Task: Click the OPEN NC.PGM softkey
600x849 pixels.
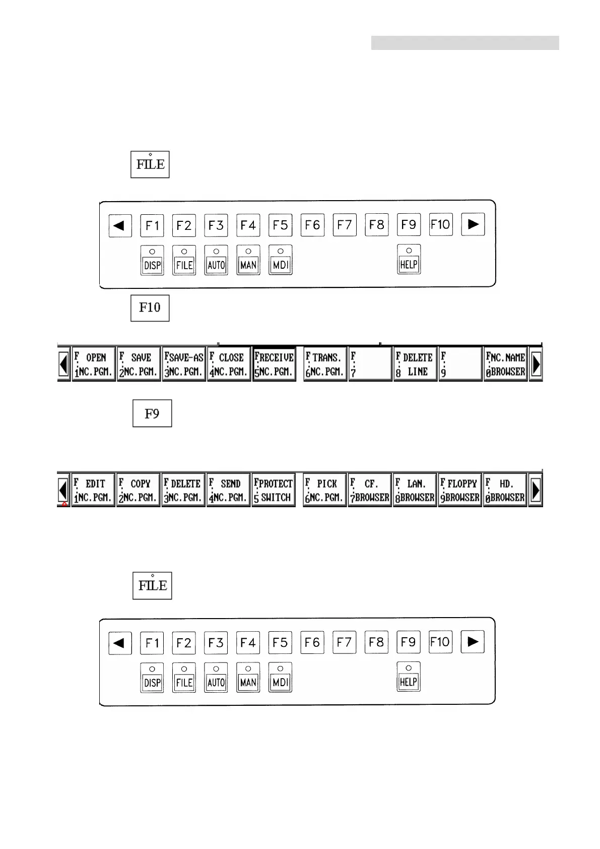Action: pos(94,364)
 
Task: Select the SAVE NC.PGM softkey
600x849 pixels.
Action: pos(139,364)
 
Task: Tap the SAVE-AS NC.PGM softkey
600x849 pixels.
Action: pos(184,364)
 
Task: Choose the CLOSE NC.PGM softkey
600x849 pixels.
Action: pos(229,364)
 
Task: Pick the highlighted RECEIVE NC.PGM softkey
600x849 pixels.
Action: pos(274,364)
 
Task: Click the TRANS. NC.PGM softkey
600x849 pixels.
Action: pos(325,364)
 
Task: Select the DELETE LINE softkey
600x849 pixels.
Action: pos(415,364)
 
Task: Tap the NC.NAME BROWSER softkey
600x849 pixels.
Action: pos(506,364)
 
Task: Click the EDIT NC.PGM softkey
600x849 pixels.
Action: pos(94,490)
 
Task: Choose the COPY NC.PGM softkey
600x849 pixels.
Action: pos(139,490)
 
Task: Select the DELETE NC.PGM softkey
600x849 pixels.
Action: pos(183,490)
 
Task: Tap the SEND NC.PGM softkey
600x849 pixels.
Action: pos(229,490)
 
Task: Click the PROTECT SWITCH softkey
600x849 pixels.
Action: pos(274,490)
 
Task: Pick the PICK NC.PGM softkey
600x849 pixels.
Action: pos(325,490)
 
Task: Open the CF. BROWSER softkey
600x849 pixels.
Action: pos(370,490)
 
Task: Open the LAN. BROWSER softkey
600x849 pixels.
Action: pos(415,490)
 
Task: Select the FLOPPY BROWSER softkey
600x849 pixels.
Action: pos(460,490)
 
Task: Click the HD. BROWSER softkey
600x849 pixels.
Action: pos(505,490)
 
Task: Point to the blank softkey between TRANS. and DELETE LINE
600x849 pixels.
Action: pos(370,364)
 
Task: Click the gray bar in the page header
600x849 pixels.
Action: pos(465,43)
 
